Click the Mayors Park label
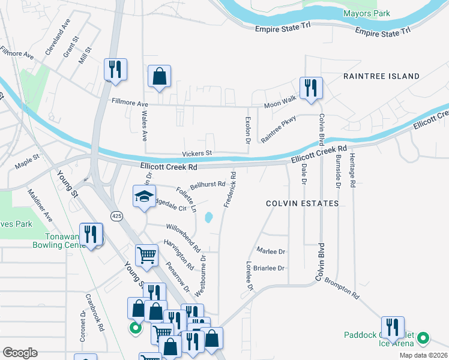[366, 13]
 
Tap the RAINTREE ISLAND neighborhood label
[381, 76]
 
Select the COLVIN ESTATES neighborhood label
[303, 203]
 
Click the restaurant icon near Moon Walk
[311, 88]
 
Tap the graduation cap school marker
[144, 197]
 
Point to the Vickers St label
[197, 153]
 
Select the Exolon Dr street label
[247, 130]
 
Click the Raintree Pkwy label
[279, 128]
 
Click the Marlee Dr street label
[270, 251]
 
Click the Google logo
[20, 352]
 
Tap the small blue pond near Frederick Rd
[208, 217]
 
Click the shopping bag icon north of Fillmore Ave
[159, 76]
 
